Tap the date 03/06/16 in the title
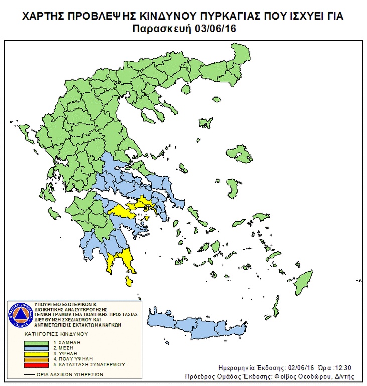pos(218,29)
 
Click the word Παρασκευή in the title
pos(165,29)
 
